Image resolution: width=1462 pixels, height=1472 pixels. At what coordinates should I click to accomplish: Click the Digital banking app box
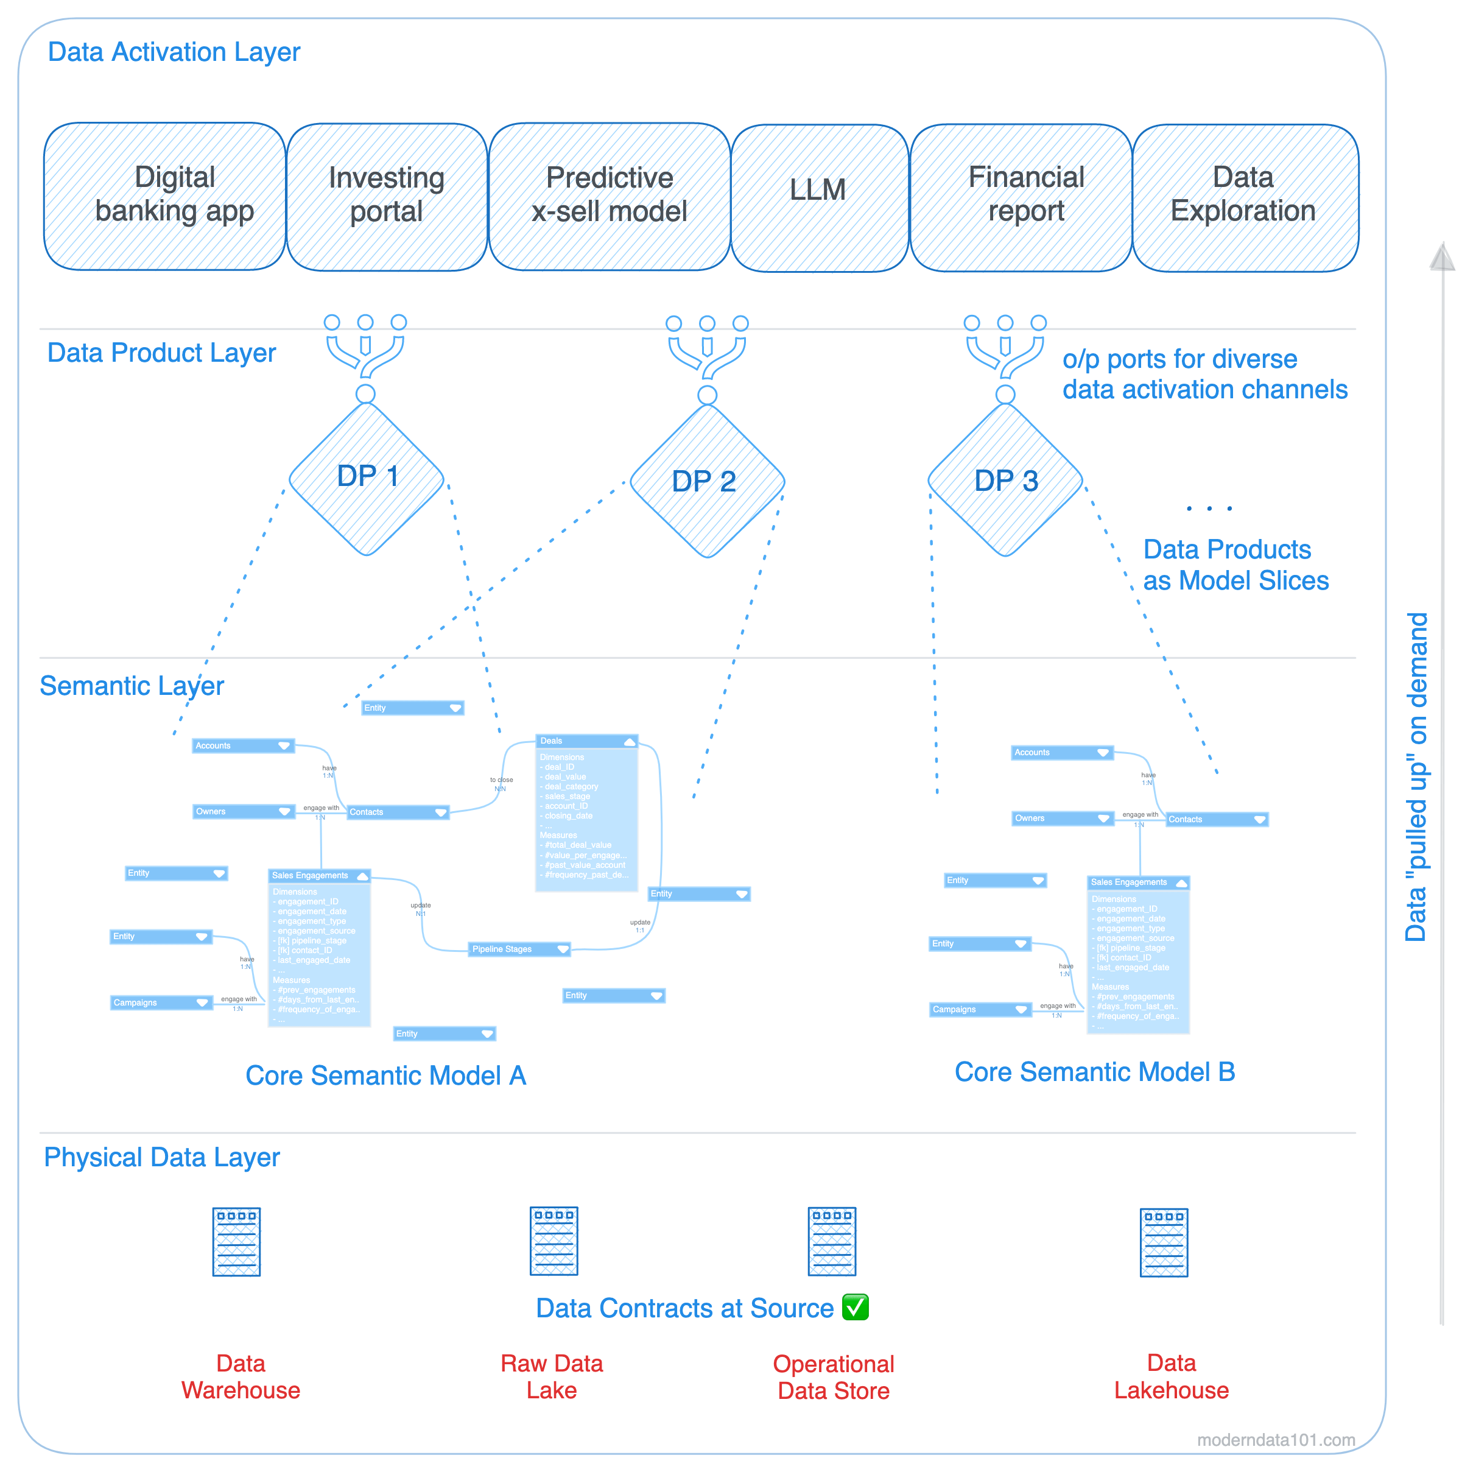[x=164, y=196]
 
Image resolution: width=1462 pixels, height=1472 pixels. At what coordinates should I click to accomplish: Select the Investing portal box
[x=386, y=197]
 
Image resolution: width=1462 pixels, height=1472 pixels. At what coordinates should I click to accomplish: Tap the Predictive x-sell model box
[x=609, y=197]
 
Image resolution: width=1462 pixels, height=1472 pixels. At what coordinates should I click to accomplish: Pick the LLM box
[x=818, y=197]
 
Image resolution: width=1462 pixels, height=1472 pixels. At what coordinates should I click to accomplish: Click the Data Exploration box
[x=1244, y=197]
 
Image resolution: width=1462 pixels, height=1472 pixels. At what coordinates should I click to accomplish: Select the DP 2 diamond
[x=706, y=481]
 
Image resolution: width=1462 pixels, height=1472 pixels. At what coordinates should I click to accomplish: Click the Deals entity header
[x=586, y=741]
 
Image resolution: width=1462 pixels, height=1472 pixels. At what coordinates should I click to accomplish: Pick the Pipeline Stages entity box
[x=519, y=949]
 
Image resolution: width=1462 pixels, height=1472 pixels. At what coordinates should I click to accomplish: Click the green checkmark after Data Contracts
[x=855, y=1307]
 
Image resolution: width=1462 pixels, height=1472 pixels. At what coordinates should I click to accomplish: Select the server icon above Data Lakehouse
[x=1164, y=1241]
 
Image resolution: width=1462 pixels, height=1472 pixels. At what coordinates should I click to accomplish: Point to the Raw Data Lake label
[x=552, y=1376]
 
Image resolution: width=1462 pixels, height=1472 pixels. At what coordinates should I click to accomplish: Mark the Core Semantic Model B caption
[x=1094, y=1071]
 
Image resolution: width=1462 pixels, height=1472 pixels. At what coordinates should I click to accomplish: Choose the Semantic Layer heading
[x=132, y=686]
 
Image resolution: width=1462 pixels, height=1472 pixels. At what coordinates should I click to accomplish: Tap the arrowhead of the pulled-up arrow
[x=1441, y=258]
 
